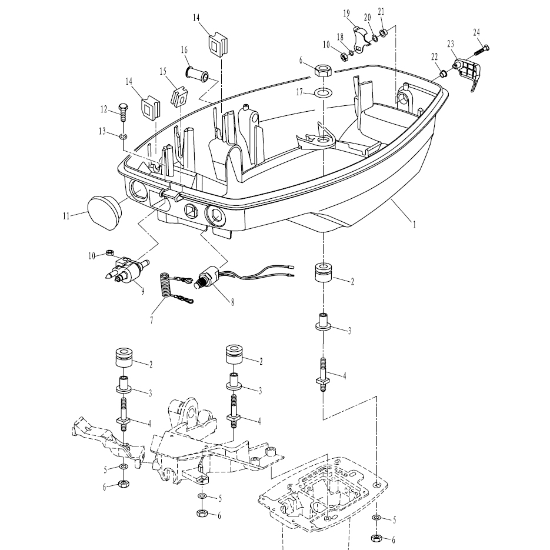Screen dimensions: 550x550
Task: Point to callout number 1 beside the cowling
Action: (415, 224)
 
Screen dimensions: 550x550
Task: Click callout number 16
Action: (184, 49)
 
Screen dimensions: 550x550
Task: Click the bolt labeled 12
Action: (123, 111)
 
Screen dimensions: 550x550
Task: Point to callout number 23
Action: (451, 44)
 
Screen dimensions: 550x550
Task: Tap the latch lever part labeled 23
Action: (468, 72)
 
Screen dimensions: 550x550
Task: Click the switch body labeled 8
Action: (211, 276)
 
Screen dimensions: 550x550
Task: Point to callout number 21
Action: (382, 11)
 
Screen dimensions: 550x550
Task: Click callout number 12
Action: (104, 109)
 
